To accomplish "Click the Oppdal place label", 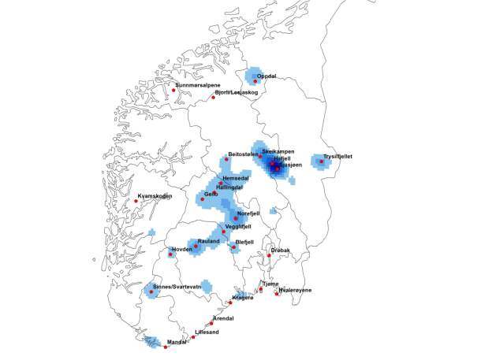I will pos(267,76).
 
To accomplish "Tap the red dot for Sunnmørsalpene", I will pos(173,91).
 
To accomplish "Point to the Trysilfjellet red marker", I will pos(321,161).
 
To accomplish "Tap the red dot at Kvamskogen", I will pos(136,201).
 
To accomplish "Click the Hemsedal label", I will pos(237,178).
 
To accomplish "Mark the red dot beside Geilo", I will pos(202,199).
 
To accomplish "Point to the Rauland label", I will pos(208,241).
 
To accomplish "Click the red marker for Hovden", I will pos(171,254).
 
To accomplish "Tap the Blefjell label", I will pos(244,242).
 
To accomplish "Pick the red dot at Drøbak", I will pos(270,255).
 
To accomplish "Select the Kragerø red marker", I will pos(230,302).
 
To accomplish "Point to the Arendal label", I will pos(224,318).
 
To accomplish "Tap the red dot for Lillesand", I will pos(194,336).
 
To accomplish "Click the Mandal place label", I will pos(177,342).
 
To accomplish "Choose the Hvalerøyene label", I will pos(295,290).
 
